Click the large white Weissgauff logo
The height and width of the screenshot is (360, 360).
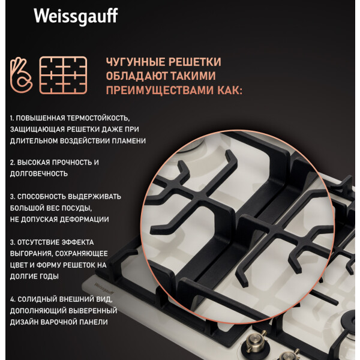pos(76,17)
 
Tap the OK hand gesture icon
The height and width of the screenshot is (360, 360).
pos(21,76)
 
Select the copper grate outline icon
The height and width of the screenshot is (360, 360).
pos(63,76)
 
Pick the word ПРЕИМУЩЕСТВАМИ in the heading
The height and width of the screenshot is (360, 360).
pos(160,90)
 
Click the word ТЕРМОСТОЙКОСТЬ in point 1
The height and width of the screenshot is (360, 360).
pos(98,118)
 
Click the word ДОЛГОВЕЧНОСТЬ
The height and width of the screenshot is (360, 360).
pos(39,174)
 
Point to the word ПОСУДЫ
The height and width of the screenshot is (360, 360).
pos(75,208)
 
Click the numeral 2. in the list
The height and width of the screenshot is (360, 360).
pos(13,163)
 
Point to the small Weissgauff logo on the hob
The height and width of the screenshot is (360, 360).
pos(104,289)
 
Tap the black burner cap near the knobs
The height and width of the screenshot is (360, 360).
pos(350,320)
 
